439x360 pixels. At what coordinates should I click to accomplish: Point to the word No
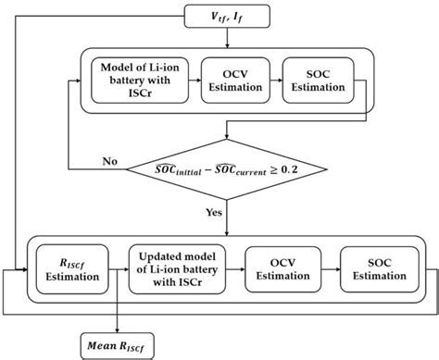point(110,161)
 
